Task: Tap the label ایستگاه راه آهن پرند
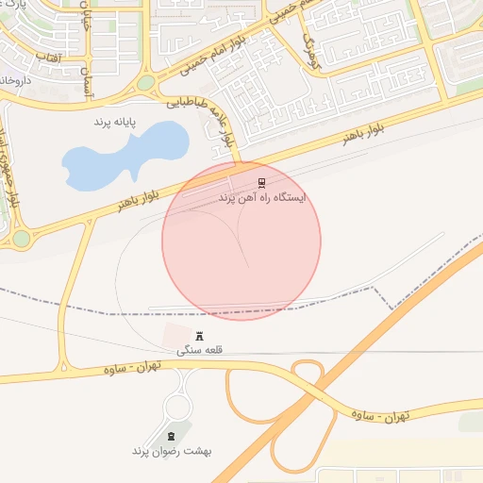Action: [x=262, y=198]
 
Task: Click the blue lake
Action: [x=123, y=154]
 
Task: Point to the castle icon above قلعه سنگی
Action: [x=199, y=336]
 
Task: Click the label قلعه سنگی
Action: [x=199, y=350]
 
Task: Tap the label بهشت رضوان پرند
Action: [x=172, y=450]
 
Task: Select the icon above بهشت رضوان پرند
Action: [x=172, y=435]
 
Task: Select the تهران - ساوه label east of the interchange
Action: [x=380, y=414]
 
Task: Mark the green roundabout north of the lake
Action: [x=145, y=84]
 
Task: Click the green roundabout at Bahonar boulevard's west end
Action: [x=21, y=238]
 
